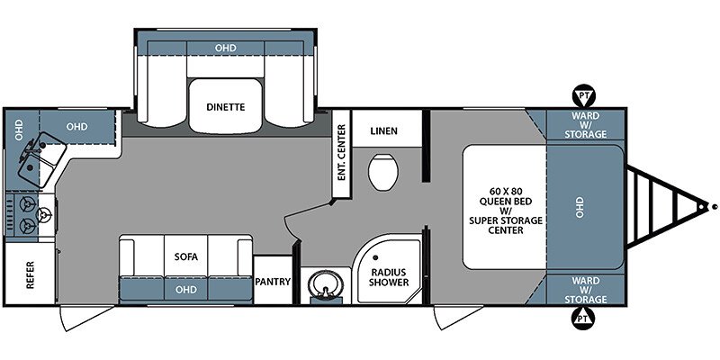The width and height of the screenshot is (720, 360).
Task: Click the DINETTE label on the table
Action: (226, 107)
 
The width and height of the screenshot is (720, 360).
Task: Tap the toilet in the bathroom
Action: (383, 172)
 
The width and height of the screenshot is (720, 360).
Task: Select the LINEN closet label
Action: (383, 130)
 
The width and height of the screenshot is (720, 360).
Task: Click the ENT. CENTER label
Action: (341, 152)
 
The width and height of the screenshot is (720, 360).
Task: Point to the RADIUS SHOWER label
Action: (389, 277)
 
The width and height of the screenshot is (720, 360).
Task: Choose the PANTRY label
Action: (274, 282)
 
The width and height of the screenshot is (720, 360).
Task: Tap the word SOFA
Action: (186, 256)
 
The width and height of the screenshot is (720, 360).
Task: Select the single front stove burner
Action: (44, 214)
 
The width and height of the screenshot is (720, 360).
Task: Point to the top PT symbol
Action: (583, 95)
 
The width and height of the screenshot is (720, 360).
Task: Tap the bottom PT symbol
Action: (583, 318)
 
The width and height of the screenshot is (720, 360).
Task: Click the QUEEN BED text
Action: (506, 201)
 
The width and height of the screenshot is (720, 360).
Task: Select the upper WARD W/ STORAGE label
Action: (586, 124)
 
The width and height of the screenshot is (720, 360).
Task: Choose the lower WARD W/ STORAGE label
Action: (586, 290)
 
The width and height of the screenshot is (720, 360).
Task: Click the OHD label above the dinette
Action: (226, 48)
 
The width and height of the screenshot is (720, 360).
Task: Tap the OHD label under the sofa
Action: (186, 289)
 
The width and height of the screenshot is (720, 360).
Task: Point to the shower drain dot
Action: (375, 258)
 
